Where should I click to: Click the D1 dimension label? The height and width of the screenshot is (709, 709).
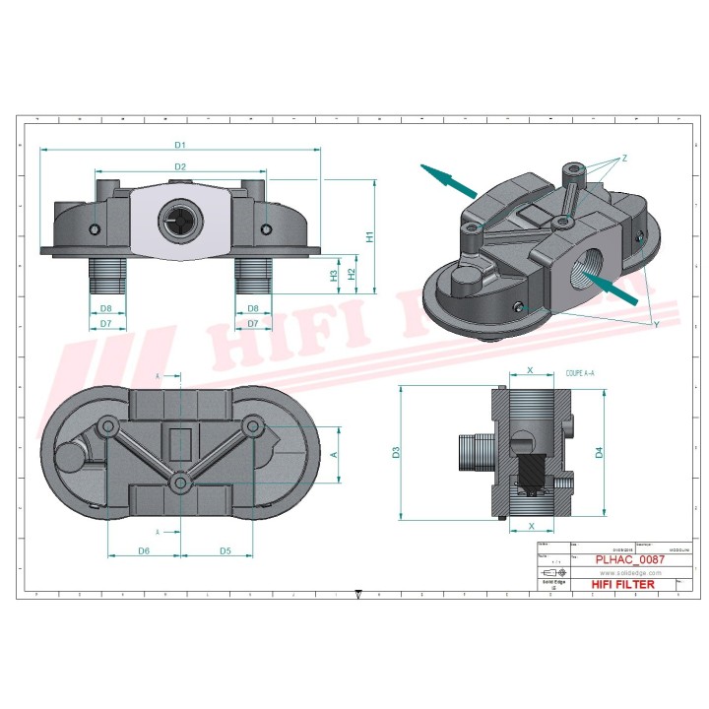pyautogui.click(x=180, y=145)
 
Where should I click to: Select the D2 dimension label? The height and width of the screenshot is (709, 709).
pyautogui.click(x=180, y=166)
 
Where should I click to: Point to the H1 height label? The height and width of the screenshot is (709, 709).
pyautogui.click(x=370, y=236)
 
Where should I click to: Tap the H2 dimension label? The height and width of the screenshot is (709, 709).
pyautogui.click(x=350, y=274)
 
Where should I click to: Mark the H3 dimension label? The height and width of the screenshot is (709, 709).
pyautogui.click(x=334, y=275)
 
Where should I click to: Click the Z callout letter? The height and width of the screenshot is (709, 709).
pyautogui.click(x=624, y=159)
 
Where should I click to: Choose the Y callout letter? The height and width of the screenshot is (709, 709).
pyautogui.click(x=656, y=323)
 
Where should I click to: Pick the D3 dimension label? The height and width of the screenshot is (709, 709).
pyautogui.click(x=396, y=453)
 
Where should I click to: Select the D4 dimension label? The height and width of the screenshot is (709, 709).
pyautogui.click(x=598, y=453)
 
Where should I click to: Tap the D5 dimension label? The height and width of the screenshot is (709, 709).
pyautogui.click(x=225, y=550)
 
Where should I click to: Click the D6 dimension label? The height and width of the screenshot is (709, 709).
pyautogui.click(x=144, y=550)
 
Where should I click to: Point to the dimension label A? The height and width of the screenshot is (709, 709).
pyautogui.click(x=334, y=454)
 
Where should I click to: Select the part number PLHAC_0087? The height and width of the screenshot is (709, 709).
pyautogui.click(x=630, y=558)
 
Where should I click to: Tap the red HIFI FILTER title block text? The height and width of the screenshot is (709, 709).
pyautogui.click(x=622, y=584)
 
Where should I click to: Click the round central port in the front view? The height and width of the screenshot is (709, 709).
pyautogui.click(x=180, y=223)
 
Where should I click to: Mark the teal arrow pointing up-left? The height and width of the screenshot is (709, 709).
pyautogui.click(x=446, y=178)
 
